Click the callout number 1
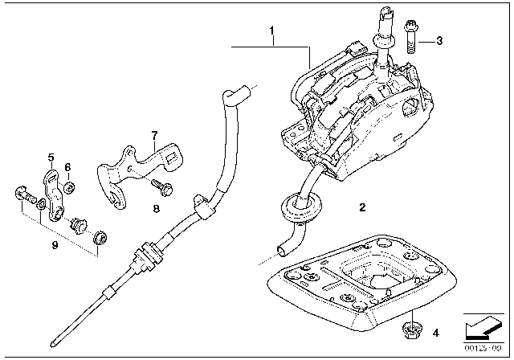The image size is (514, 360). (272, 33)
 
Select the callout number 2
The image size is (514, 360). (362, 208)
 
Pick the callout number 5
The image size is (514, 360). (50, 157)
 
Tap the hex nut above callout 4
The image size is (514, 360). (410, 327)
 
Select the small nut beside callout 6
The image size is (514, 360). (69, 188)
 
